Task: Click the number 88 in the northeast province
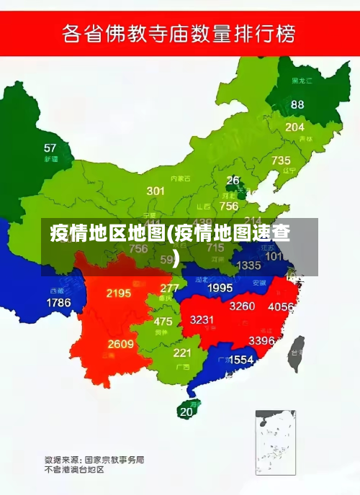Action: [297, 104]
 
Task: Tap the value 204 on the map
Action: [294, 127]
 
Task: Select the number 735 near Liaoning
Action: [281, 160]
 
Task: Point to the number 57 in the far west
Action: [50, 147]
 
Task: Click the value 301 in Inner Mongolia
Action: [156, 191]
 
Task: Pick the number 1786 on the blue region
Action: [58, 303]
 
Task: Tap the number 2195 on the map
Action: [119, 293]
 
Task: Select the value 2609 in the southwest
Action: [121, 344]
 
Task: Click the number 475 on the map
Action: [163, 322]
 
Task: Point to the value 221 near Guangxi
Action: [182, 353]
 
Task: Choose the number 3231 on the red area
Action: [202, 319]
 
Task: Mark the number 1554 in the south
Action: [241, 359]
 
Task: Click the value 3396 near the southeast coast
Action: [261, 340]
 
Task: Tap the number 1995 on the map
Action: [220, 288]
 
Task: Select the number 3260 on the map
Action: [242, 306]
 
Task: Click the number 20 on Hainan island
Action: [186, 412]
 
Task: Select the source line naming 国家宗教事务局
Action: [94, 458]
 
